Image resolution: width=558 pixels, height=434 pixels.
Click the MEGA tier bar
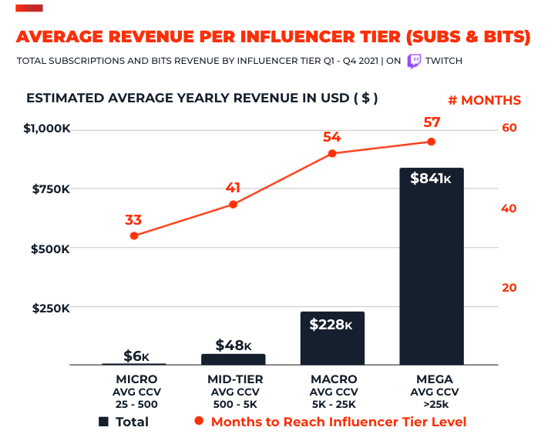click(431, 265)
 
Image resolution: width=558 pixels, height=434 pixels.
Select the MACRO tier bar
click(332, 338)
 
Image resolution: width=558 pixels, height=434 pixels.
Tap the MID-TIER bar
click(233, 359)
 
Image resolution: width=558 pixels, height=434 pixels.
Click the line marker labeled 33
click(134, 235)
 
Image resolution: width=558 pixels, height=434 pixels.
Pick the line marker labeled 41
click(233, 204)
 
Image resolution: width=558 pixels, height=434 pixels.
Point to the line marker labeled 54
click(332, 153)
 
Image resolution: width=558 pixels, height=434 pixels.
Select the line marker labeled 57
click(431, 142)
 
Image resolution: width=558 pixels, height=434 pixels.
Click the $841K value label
click(431, 179)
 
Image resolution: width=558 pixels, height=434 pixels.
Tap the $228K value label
click(332, 325)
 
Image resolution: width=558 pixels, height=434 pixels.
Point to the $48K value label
click(233, 345)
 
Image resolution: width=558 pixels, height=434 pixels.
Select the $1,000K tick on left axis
click(47, 129)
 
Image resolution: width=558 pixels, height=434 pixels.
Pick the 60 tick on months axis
click(509, 128)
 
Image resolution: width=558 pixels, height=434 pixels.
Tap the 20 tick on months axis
click(509, 288)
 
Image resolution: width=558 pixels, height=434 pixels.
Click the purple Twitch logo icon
click(414, 61)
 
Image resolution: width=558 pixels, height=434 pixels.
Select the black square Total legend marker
click(103, 422)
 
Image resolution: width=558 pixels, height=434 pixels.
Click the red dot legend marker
click(199, 422)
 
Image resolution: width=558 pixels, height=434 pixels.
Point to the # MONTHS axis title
click(484, 100)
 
